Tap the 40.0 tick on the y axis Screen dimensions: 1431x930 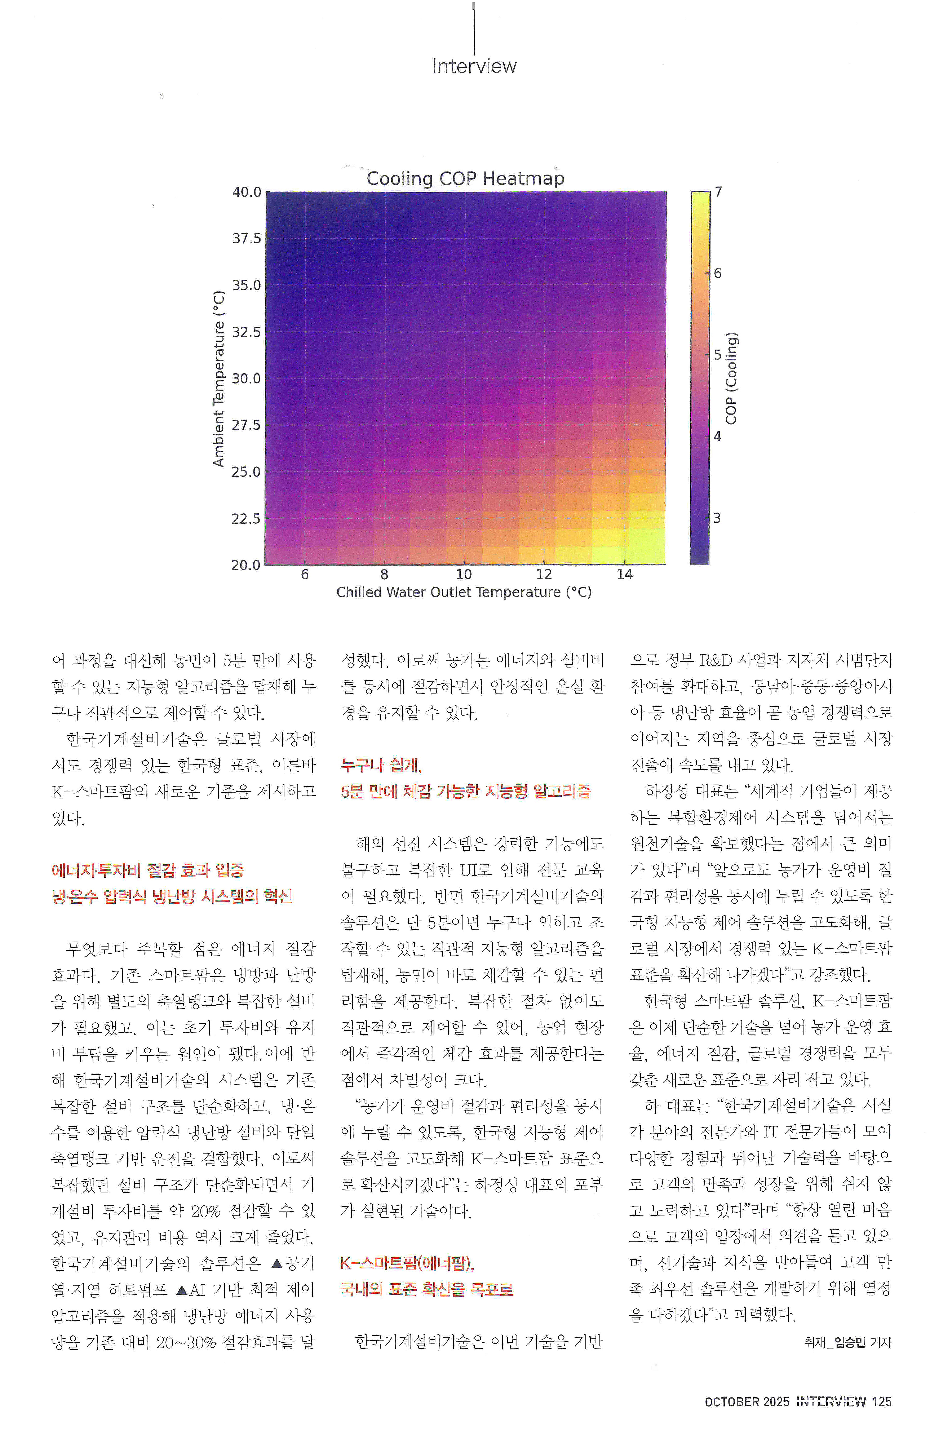point(247,192)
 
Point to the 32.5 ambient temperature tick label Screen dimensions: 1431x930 point(247,332)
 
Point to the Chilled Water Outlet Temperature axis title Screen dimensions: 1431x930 point(464,592)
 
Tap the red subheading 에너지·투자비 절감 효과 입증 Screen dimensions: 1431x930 point(148,870)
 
